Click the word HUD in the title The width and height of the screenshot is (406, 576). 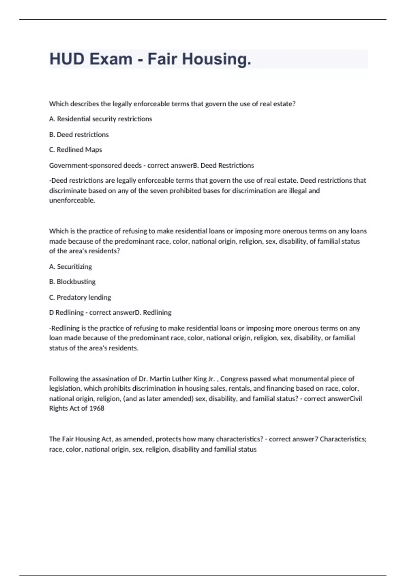[67, 59]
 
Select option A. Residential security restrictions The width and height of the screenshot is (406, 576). [100, 119]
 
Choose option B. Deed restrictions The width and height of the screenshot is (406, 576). [79, 135]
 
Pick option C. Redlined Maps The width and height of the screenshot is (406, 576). [75, 150]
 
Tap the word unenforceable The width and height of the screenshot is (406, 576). [72, 200]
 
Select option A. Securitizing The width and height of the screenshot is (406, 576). [70, 267]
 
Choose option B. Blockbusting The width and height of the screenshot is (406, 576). [72, 282]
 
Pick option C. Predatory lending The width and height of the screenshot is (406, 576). [80, 297]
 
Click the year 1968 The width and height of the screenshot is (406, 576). [97, 408]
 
